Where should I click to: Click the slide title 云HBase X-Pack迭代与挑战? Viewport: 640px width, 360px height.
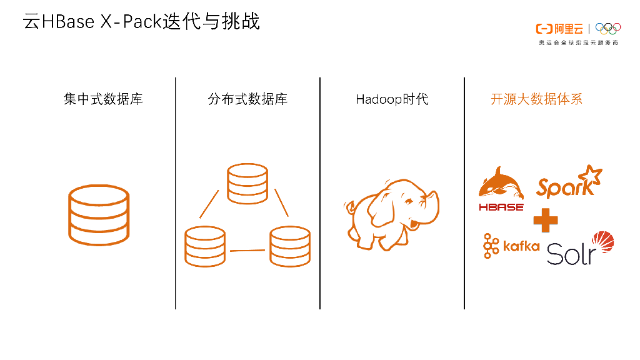[x=141, y=22]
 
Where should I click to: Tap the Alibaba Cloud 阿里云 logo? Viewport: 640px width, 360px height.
[x=559, y=29]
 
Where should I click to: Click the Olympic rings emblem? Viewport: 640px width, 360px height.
[x=608, y=28]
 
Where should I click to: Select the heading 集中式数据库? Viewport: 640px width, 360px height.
[x=103, y=99]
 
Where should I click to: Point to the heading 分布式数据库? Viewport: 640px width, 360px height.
[x=247, y=99]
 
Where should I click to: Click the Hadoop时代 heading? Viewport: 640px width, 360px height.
[x=392, y=99]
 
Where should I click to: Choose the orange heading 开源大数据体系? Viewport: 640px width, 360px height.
[x=536, y=99]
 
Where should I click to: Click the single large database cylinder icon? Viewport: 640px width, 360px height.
[x=98, y=215]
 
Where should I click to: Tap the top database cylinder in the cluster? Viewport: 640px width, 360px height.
[x=247, y=184]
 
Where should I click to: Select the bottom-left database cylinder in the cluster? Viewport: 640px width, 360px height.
[x=205, y=247]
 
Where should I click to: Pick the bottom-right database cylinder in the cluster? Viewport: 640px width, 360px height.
[x=290, y=247]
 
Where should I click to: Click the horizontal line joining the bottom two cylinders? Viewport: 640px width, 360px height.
[x=247, y=251]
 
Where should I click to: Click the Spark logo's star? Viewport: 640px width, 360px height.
[x=589, y=176]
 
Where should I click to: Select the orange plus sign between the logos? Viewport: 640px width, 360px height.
[x=545, y=220]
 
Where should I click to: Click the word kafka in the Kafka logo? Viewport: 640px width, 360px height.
[x=521, y=246]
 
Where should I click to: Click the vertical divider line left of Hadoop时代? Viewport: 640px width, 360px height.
[x=320, y=193]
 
